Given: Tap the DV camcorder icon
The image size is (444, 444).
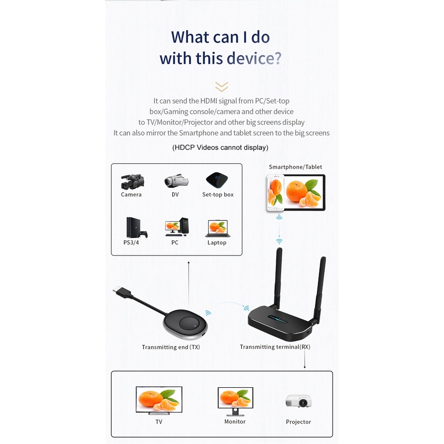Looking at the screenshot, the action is [x=176, y=181].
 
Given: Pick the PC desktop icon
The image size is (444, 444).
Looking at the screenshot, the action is [x=176, y=227].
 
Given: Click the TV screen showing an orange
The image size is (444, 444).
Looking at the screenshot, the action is [x=159, y=400].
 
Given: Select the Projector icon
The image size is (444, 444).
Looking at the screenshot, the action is [x=298, y=401].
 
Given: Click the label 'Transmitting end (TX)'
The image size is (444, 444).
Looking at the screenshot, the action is [x=171, y=347].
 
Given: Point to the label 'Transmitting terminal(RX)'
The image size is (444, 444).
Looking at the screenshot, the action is [x=275, y=347].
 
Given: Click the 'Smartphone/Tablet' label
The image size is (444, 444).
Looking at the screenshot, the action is [x=295, y=167].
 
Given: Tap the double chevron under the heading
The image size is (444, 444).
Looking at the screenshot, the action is [x=222, y=87].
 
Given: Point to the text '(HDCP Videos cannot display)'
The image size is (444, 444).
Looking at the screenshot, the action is [x=220, y=148].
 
